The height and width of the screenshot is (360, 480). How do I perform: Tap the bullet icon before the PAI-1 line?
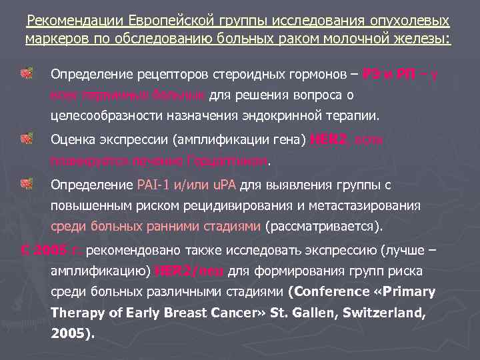point(27,183)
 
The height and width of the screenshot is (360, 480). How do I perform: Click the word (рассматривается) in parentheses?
point(325,226)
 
